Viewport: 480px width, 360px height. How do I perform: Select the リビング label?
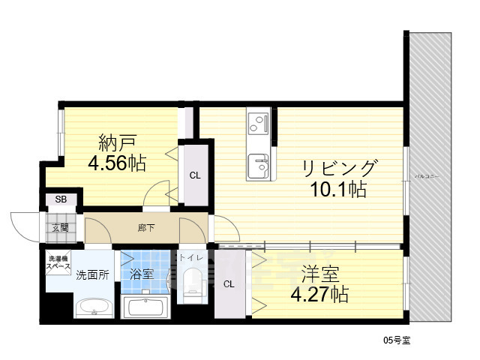pyautogui.click(x=339, y=166)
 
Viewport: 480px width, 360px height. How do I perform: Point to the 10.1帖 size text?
pyautogui.click(x=338, y=189)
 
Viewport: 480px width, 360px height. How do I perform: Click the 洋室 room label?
pyautogui.click(x=319, y=272)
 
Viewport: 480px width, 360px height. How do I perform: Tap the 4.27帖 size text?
pyautogui.click(x=319, y=293)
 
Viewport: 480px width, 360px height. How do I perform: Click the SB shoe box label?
pyautogui.click(x=60, y=200)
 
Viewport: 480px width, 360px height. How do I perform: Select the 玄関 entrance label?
pyautogui.click(x=60, y=226)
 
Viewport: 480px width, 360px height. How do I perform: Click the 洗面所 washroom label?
pyautogui.click(x=92, y=274)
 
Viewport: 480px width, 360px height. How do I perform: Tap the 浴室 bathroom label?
pyautogui.click(x=142, y=274)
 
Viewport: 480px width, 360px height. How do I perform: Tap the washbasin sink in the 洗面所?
pyautogui.click(x=92, y=307)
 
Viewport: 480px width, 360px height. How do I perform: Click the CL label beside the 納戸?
pyautogui.click(x=194, y=177)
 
